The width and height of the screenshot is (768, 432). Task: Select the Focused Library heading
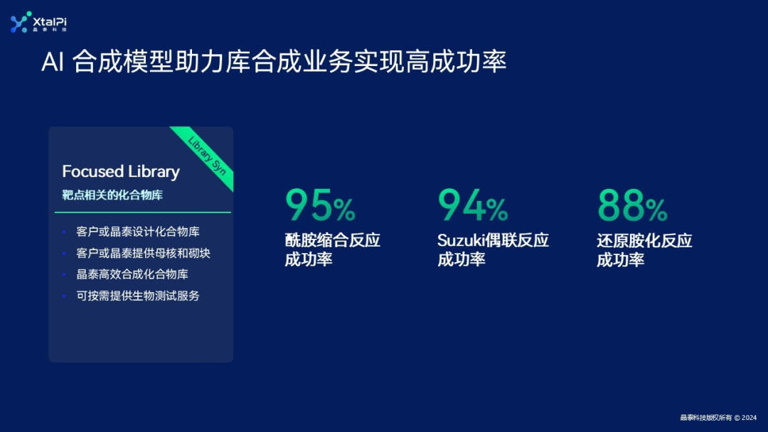pos(121,171)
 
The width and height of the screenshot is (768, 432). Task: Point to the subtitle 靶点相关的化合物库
pos(112,195)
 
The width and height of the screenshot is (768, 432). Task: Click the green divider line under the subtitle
pos(142,212)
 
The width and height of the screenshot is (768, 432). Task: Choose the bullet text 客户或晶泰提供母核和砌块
pos(143,253)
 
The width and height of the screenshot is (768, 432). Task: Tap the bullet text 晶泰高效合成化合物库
pos(132,274)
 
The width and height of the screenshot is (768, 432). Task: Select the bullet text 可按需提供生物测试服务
pos(138,296)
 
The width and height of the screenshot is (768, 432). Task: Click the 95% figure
pos(320,206)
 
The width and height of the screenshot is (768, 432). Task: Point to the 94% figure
pos(473,206)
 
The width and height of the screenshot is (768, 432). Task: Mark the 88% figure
pos(632,206)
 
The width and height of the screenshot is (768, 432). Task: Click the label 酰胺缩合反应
pos(333,240)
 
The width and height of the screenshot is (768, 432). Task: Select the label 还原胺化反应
pos(644,240)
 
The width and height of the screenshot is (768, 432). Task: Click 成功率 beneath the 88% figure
pos(620,259)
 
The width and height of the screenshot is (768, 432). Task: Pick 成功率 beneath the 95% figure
pos(309,259)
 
